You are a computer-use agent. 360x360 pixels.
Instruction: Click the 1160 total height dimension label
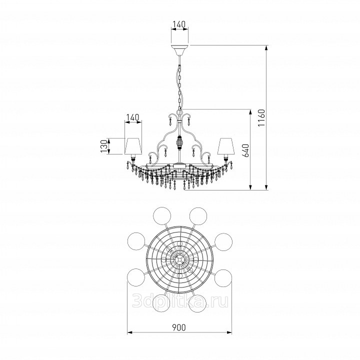pyautogui.click(x=261, y=118)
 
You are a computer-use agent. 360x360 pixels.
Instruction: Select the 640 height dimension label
pyautogui.click(x=245, y=150)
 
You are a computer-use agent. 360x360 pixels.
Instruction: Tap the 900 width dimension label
pyautogui.click(x=179, y=327)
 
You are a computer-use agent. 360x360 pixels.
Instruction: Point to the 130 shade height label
pyautogui.click(x=104, y=146)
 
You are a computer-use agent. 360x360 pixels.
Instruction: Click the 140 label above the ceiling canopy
pyautogui.click(x=178, y=24)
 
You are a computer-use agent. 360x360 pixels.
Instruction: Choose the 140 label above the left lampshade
pyautogui.click(x=133, y=117)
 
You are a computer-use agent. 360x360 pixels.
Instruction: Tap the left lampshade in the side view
pyautogui.click(x=133, y=146)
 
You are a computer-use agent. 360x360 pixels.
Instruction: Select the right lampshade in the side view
pyautogui.click(x=226, y=146)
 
